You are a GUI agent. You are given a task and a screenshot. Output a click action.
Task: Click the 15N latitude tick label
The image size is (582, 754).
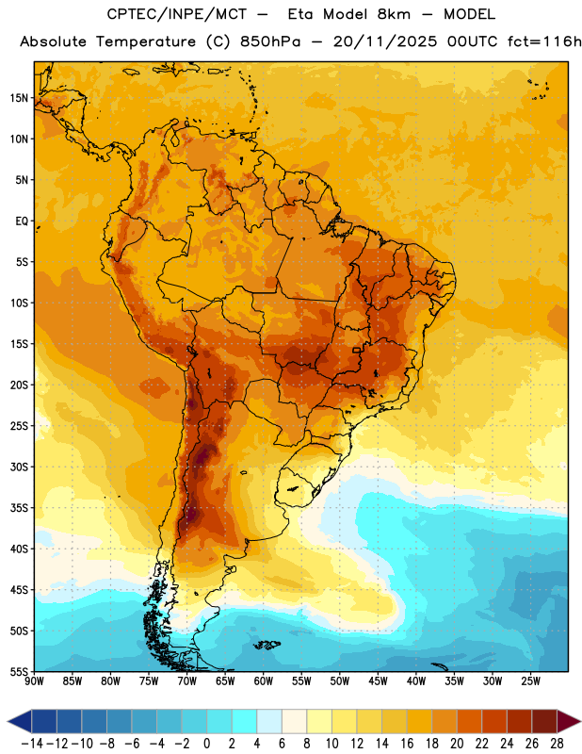pos(19,98)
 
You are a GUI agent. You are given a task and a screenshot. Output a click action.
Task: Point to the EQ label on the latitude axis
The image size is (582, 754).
pos(22,221)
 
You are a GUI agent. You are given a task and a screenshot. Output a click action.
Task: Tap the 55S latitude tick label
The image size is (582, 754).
pos(19,672)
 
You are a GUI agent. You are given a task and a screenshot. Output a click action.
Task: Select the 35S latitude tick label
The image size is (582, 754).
pos(19,508)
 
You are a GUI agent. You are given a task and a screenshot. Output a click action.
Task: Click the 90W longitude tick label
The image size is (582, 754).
pos(34,681)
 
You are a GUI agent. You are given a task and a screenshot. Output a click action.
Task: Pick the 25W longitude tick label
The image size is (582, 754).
pos(530,681)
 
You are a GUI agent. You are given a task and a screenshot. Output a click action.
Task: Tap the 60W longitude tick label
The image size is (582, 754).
pos(264,681)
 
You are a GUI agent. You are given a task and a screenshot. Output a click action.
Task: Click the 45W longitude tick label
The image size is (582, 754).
pos(378,681)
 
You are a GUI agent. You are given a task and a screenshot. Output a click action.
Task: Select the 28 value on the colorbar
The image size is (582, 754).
pos(557,744)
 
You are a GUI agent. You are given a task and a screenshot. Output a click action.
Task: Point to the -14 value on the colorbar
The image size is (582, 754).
pos(32,744)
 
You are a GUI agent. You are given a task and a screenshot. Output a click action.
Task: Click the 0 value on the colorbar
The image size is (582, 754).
pos(206,744)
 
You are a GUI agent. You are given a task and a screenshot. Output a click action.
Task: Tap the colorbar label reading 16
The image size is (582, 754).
pos(407,744)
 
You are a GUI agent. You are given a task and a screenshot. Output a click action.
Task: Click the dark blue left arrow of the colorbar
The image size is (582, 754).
pos(20,721)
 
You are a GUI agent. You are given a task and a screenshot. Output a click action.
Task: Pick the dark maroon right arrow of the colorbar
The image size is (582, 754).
pos(569,721)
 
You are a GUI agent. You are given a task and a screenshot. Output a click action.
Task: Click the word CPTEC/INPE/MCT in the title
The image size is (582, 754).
pos(176,14)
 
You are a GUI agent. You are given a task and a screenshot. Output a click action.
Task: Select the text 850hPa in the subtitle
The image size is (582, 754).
pos(270,41)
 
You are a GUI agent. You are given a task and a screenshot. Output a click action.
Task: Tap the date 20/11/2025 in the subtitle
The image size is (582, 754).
pos(385,41)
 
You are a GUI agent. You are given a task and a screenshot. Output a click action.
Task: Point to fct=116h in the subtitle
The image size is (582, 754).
pos(544,41)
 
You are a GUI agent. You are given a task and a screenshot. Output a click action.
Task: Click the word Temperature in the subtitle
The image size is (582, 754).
pos(146,41)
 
